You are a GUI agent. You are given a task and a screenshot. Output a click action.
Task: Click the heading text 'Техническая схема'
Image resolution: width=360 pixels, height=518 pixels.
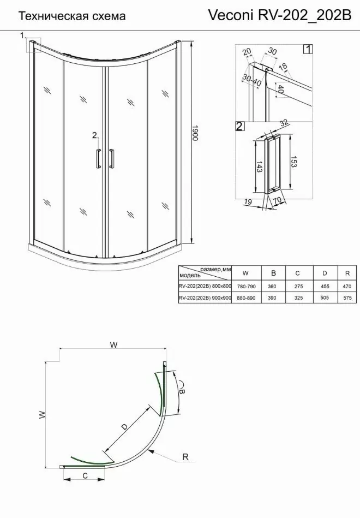[x=72, y=16]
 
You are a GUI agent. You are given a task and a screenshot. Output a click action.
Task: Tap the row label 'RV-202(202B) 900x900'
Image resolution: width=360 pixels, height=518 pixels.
[x=205, y=297]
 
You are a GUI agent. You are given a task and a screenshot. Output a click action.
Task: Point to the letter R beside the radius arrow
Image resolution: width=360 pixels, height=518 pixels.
[x=185, y=457]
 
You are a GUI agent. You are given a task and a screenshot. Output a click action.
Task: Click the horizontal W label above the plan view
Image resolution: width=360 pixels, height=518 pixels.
[x=113, y=344]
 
